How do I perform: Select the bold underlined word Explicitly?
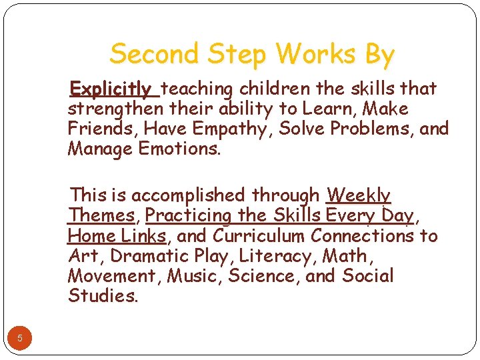(x=111, y=89)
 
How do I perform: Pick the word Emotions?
(x=179, y=149)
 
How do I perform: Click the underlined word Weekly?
(x=358, y=195)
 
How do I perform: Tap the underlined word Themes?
(x=101, y=215)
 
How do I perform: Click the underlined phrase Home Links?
(x=117, y=235)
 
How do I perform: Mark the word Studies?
(x=103, y=295)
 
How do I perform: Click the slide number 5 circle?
(x=20, y=338)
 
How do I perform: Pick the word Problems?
(x=370, y=129)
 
